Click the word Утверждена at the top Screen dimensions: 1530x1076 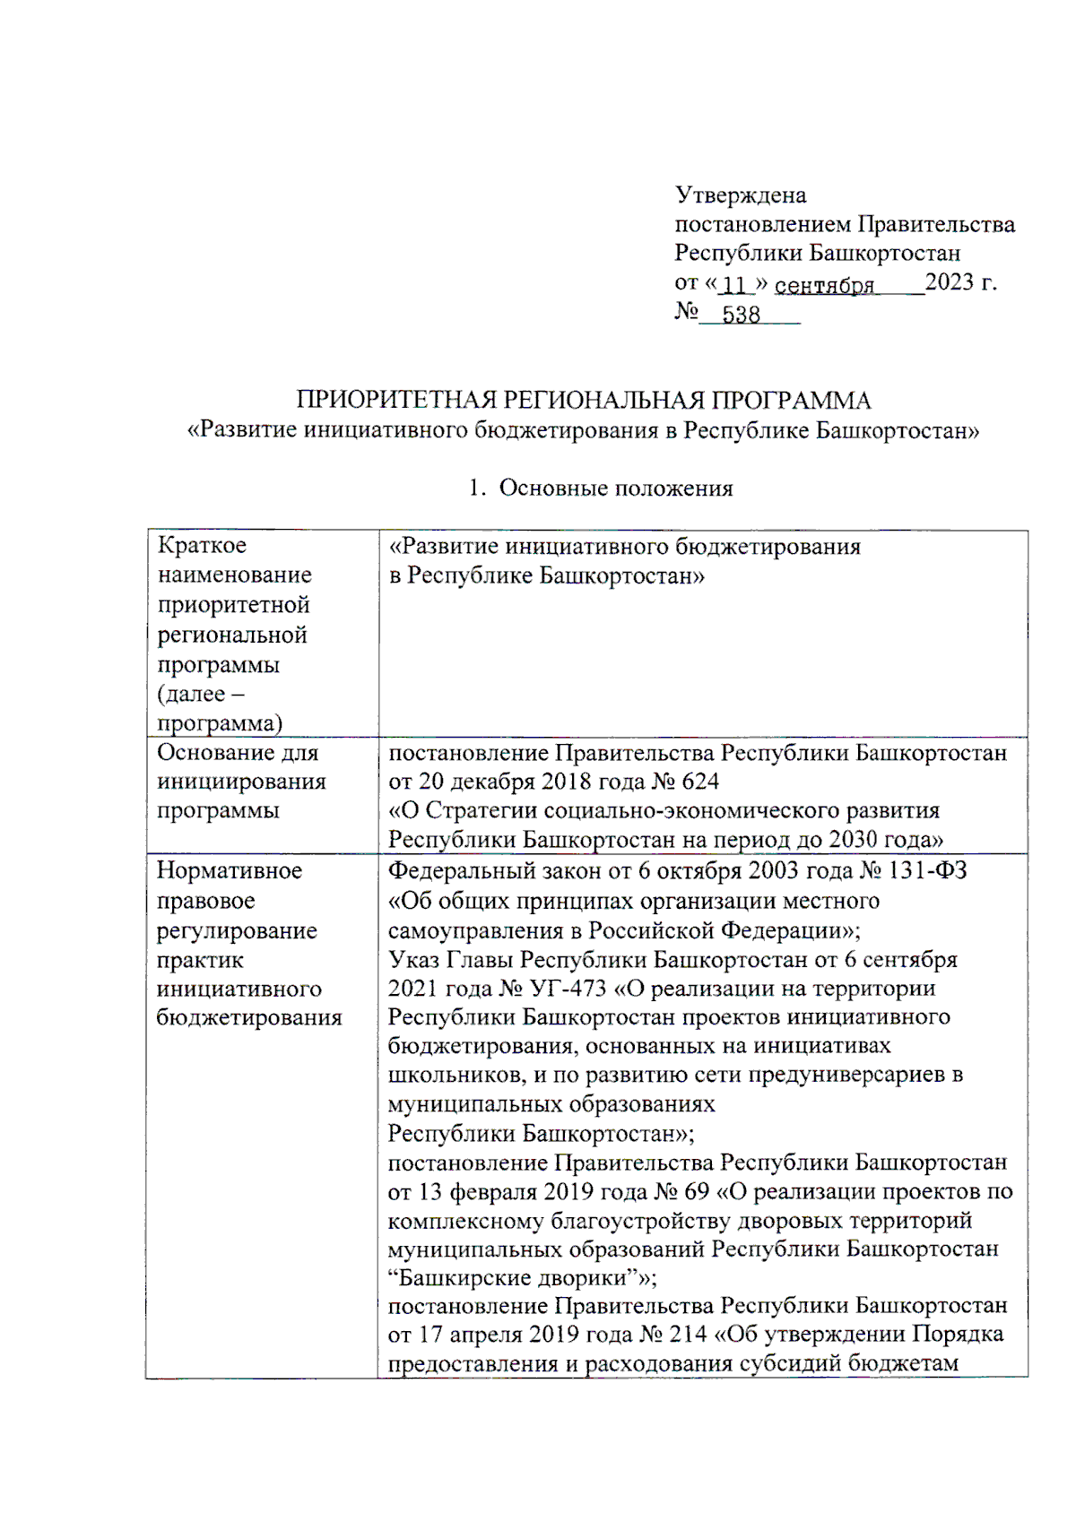[741, 195]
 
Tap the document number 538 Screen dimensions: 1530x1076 [741, 315]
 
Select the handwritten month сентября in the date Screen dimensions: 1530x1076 [824, 285]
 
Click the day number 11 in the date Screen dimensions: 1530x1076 [733, 285]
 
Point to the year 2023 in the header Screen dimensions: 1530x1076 [949, 282]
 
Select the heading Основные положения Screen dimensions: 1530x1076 [615, 488]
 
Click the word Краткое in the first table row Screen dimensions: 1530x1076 [202, 545]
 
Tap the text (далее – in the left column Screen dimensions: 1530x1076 [201, 694]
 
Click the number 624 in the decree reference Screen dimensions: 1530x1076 [700, 782]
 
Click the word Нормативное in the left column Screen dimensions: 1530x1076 [230, 870]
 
